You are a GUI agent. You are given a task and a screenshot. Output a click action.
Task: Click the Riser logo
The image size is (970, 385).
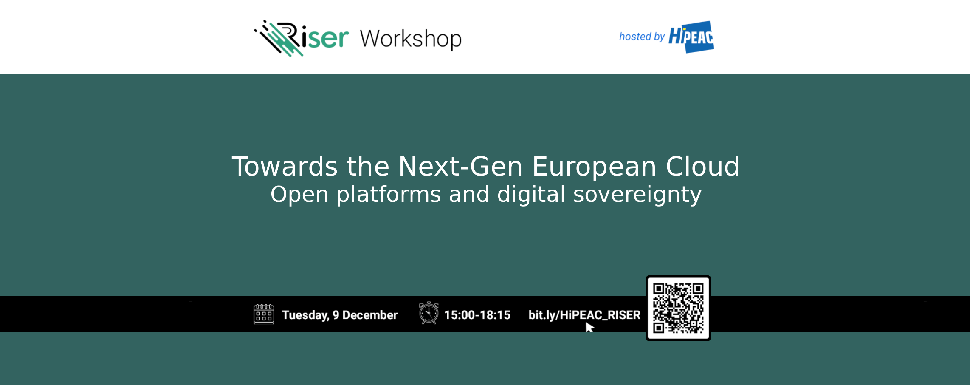(x=302, y=38)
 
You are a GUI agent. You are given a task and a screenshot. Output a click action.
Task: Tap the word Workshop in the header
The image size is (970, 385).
(x=411, y=39)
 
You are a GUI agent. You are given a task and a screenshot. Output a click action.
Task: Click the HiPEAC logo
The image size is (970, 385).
(x=691, y=37)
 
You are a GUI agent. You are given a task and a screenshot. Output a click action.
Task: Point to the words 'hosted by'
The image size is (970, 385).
(x=642, y=37)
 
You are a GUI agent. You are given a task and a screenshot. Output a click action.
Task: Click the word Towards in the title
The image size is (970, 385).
(x=285, y=166)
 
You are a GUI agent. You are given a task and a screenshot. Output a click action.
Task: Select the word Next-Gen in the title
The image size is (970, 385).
(x=460, y=166)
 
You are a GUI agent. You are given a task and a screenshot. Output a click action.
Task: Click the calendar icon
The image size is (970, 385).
(x=264, y=314)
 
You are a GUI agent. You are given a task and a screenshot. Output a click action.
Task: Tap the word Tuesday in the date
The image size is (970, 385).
(x=305, y=315)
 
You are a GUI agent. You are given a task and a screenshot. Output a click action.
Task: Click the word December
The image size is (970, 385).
(x=370, y=315)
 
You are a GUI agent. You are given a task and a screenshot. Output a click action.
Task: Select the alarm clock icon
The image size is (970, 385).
(x=429, y=313)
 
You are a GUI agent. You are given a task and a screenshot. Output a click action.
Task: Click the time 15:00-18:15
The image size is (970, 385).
(x=477, y=315)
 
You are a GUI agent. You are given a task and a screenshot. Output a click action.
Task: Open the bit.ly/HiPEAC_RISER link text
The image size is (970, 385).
(x=584, y=315)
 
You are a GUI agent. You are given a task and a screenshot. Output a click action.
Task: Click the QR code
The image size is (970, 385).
(x=678, y=308)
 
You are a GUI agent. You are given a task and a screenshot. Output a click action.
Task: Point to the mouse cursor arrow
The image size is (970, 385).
(x=589, y=328)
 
